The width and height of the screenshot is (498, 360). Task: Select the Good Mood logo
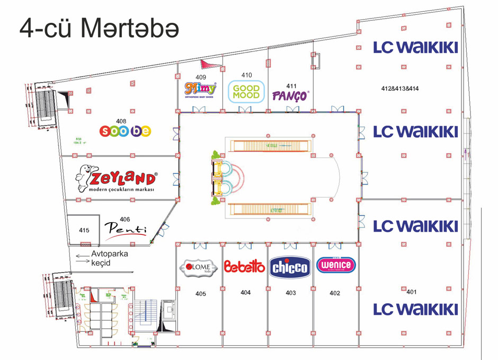(x=246, y=92)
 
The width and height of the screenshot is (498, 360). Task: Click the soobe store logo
(x=126, y=131)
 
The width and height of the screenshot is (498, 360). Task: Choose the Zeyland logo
(x=117, y=179)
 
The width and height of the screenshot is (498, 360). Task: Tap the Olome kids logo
(x=199, y=267)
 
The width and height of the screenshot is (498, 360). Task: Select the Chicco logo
(x=290, y=267)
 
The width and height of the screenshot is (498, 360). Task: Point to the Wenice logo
(x=336, y=265)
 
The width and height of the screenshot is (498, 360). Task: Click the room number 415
(x=84, y=230)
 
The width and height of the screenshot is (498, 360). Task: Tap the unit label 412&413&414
(x=400, y=89)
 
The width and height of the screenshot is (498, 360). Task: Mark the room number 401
(x=412, y=291)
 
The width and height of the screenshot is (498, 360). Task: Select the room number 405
(x=200, y=293)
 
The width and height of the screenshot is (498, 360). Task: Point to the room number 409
(x=200, y=77)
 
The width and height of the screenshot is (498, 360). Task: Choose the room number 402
(x=335, y=293)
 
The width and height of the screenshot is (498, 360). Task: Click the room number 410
(x=246, y=75)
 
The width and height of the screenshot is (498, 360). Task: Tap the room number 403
(x=290, y=293)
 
